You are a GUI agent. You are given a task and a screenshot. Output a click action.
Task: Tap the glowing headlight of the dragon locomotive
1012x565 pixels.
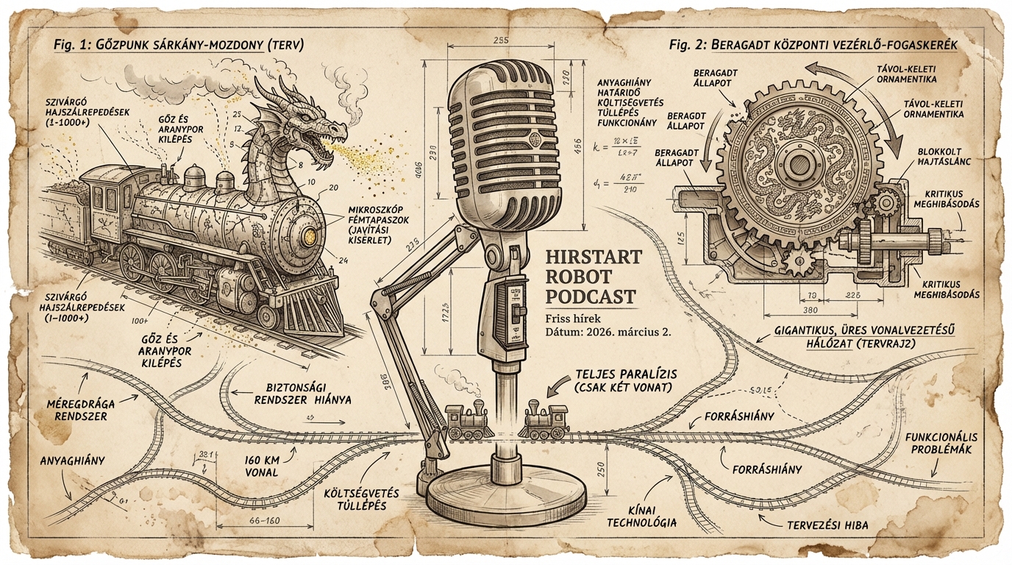(310, 235)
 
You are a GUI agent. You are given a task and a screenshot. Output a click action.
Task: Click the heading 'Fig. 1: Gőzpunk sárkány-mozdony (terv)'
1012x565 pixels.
(179, 45)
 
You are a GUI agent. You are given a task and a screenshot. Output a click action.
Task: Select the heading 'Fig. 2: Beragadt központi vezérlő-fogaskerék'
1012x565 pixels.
(813, 45)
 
